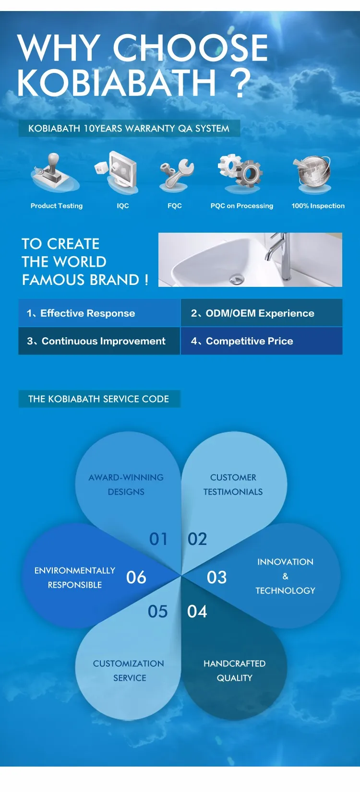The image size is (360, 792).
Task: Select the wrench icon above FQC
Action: pos(176,174)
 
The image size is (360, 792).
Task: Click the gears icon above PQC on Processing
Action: pos(240,172)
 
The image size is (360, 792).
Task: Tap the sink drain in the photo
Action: pos(236,280)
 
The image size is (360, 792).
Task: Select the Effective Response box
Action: pos(99,313)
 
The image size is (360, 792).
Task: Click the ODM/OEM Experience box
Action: pos(262,313)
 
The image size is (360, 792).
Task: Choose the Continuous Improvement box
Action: pos(99,341)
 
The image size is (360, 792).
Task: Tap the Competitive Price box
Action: pos(262,341)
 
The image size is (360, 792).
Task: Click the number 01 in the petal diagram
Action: pos(158,539)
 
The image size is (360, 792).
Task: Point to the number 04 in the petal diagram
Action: pos(197,611)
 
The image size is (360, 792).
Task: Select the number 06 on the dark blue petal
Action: pos(136,578)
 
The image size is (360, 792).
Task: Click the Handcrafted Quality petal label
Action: pos(234,670)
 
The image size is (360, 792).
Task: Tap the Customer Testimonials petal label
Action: pos(233,485)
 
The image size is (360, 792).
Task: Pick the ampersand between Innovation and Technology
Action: pos(286,576)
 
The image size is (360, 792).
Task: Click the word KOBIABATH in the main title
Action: pos(117,83)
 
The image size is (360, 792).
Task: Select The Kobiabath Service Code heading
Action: pos(99,399)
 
